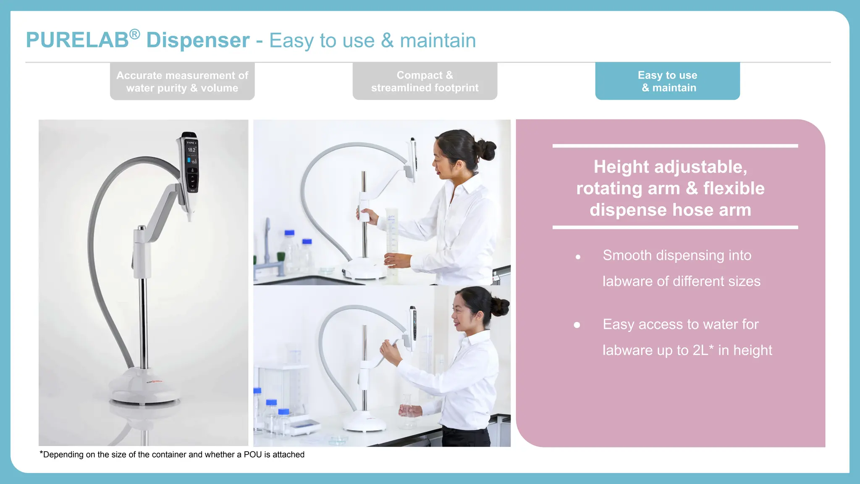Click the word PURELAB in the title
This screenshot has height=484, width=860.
[x=77, y=41]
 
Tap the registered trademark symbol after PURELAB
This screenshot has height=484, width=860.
[x=134, y=34]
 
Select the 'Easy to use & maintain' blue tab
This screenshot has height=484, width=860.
[x=667, y=81]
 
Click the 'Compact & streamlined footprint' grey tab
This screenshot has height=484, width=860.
[x=425, y=81]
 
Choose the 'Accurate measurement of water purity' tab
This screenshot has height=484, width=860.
[x=182, y=81]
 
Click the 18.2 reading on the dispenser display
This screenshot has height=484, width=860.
[x=191, y=150]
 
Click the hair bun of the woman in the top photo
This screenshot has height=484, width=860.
[x=487, y=150]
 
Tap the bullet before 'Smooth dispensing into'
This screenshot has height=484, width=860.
[x=578, y=257]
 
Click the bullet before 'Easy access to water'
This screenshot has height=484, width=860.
[x=577, y=325]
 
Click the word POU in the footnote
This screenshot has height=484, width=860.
[x=252, y=455]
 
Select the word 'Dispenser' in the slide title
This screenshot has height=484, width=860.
[x=198, y=41]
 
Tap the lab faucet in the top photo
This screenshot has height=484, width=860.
[x=267, y=248]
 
